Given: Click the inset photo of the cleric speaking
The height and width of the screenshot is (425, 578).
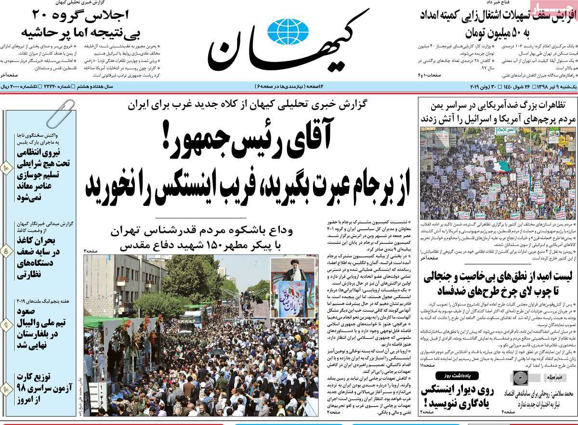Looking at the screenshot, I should [292, 288].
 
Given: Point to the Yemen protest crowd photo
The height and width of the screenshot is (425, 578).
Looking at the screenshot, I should [497, 173].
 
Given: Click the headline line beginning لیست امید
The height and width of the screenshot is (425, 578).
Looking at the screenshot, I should [498, 277].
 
